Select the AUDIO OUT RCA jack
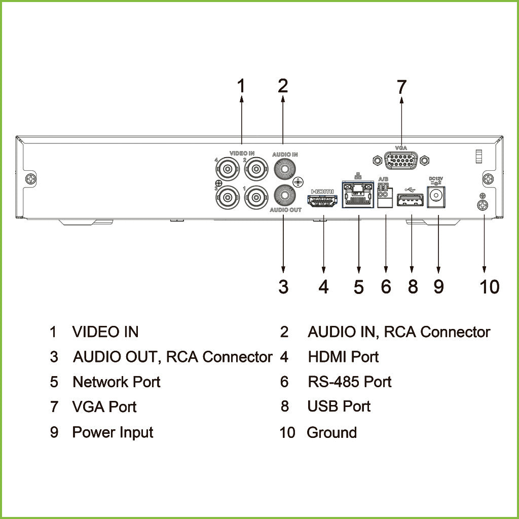(284, 195)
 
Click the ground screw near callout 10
(483, 205)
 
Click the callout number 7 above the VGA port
(401, 87)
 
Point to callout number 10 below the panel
(489, 287)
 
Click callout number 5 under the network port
(359, 287)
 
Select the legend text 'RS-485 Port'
(349, 382)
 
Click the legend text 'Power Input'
(113, 432)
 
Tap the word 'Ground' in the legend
(331, 432)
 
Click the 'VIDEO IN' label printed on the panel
(242, 153)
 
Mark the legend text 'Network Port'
(116, 382)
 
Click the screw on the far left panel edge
(31, 179)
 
